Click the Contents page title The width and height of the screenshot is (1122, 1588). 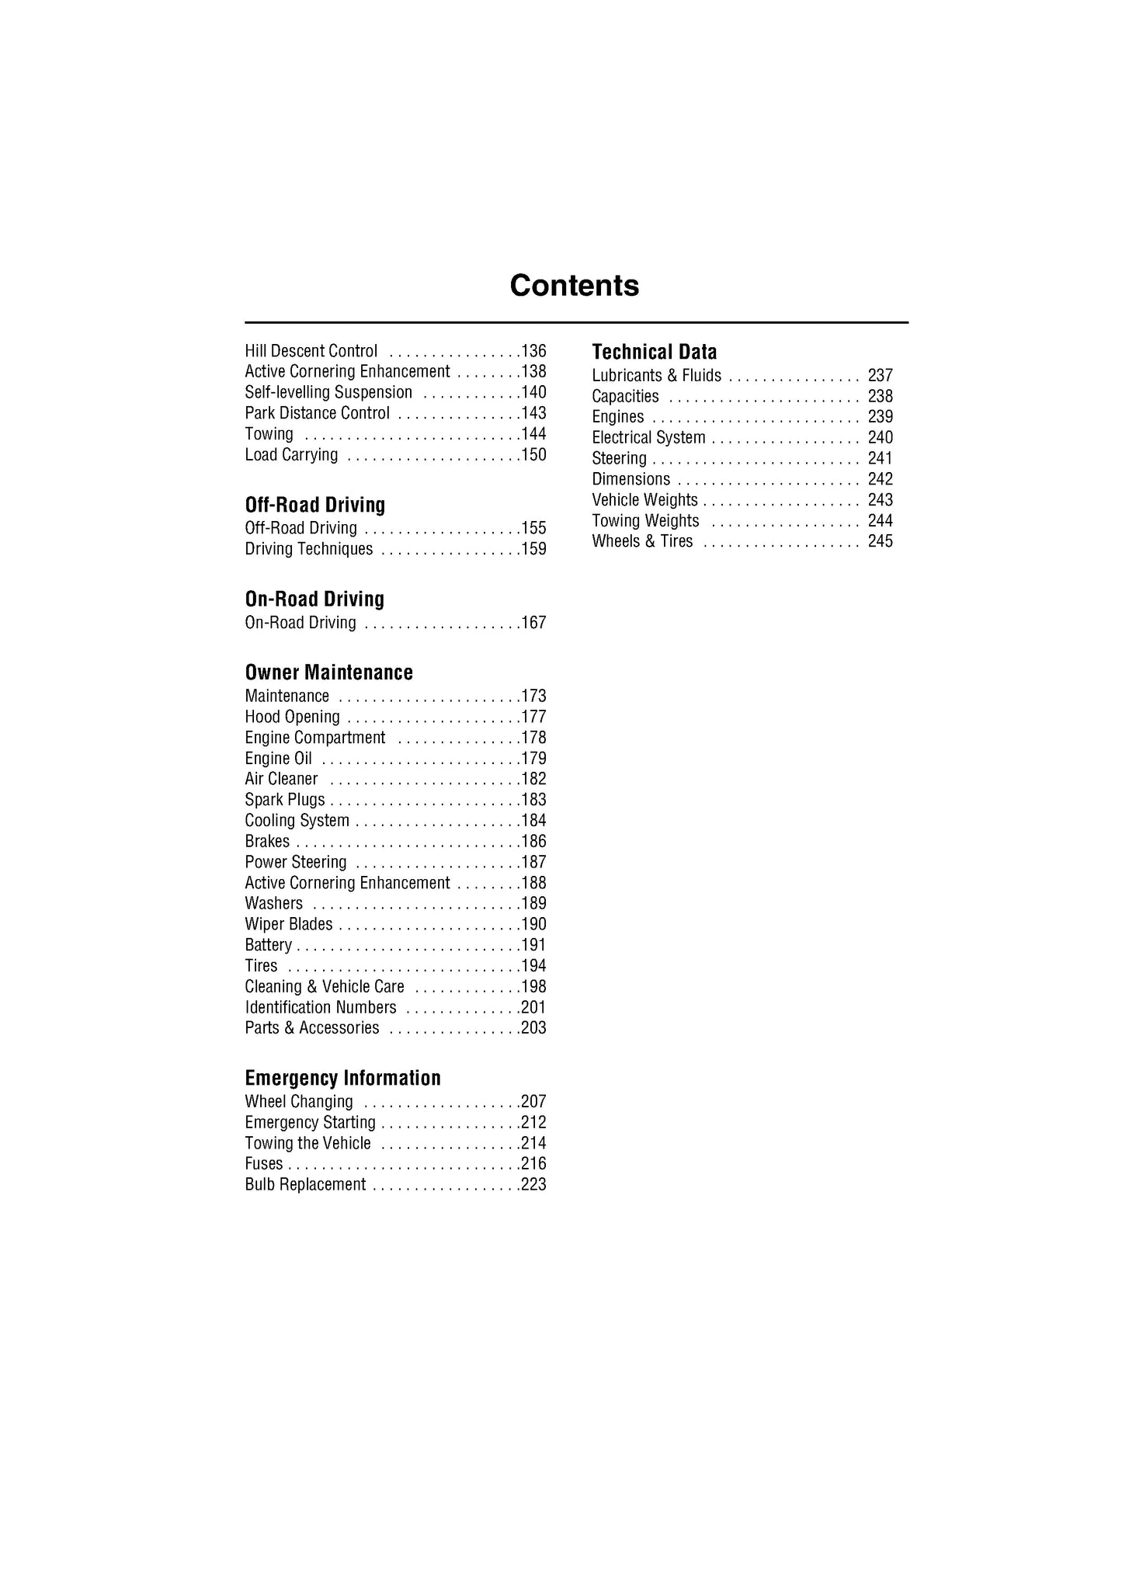point(574,286)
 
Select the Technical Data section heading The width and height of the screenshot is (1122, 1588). point(654,352)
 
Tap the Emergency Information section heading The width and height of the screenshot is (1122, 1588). point(342,1078)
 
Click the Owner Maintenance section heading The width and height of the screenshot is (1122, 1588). point(328,672)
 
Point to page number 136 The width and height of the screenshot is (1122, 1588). point(533,351)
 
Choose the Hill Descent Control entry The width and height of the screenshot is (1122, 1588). point(311,351)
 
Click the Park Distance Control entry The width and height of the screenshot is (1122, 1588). point(317,413)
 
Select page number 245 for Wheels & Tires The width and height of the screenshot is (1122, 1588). point(880,541)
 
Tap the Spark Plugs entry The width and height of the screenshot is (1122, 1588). point(284,800)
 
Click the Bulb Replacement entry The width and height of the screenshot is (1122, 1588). point(304,1184)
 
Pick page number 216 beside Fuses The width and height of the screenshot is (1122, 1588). point(533,1163)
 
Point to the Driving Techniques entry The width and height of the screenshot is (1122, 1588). point(308,549)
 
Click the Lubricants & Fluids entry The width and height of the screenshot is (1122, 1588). point(656,376)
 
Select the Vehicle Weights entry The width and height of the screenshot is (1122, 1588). point(644,500)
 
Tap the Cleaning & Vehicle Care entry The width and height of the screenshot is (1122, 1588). point(324,986)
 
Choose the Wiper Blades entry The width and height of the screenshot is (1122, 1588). point(288,924)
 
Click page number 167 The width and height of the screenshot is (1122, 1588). point(533,623)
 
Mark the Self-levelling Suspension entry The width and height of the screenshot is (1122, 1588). point(328,392)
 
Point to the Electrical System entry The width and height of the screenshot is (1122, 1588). point(648,438)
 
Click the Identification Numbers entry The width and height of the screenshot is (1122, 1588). point(320,1007)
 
